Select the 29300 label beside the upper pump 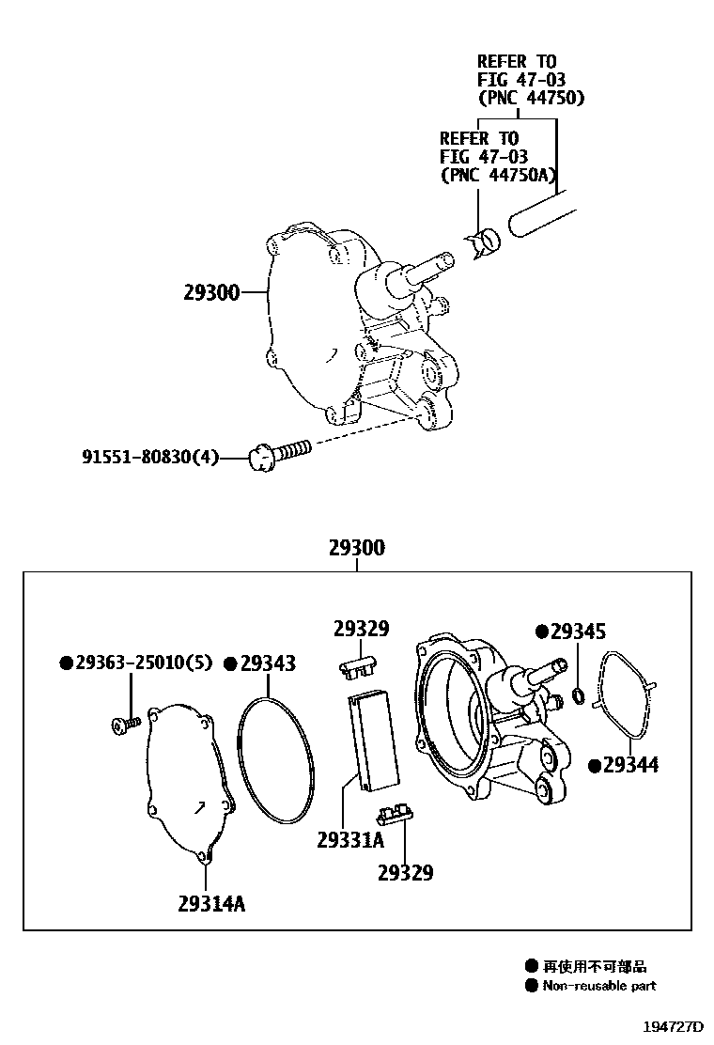tap(211, 293)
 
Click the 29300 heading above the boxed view tap(356, 548)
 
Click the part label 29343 tap(267, 663)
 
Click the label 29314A tap(210, 904)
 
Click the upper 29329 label tap(361, 629)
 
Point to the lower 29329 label tap(405, 873)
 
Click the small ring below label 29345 tap(579, 695)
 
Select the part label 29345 tap(578, 632)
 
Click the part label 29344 tap(630, 765)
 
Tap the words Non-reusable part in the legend tap(599, 986)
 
